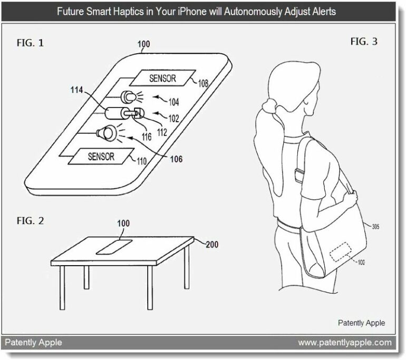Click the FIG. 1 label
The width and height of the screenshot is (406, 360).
tap(30, 43)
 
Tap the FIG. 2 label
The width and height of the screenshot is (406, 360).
tap(30, 221)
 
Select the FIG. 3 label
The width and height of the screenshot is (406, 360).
tap(364, 42)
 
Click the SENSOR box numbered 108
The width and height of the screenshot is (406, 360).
tap(162, 78)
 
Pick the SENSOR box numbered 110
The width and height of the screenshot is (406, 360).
tap(101, 157)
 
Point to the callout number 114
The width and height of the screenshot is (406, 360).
tap(76, 90)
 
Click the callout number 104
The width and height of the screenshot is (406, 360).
tap(174, 102)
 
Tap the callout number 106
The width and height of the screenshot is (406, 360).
tap(176, 159)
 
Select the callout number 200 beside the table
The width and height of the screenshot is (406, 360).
tap(212, 245)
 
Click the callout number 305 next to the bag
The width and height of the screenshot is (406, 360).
tap(376, 227)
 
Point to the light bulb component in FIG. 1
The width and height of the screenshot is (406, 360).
tap(129, 97)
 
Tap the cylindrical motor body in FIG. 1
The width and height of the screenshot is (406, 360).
tap(114, 113)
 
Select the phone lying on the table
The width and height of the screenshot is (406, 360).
tap(114, 247)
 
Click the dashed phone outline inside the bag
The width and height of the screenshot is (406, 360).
tap(341, 252)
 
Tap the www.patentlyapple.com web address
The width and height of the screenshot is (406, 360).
tap(345, 343)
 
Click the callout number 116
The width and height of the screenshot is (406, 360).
tap(147, 137)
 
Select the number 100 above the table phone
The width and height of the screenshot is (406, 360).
tap(123, 223)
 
